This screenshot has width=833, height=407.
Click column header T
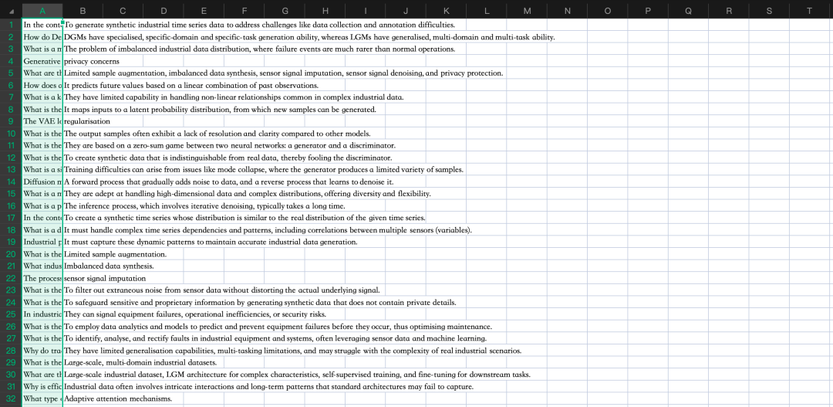(x=809, y=11)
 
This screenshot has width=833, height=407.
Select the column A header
(x=42, y=11)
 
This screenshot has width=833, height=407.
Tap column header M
(x=527, y=11)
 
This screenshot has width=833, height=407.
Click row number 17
(x=11, y=218)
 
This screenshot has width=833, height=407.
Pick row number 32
(x=11, y=399)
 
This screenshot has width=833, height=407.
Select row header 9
(x=11, y=121)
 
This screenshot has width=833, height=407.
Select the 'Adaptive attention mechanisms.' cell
(x=117, y=399)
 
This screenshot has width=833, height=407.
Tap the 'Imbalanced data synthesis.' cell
(x=108, y=266)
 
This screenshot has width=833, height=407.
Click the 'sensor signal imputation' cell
(x=104, y=278)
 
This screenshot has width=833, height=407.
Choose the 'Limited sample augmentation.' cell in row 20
(x=115, y=254)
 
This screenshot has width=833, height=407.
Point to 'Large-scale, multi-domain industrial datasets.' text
(x=140, y=362)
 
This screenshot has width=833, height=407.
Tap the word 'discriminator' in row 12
(x=369, y=158)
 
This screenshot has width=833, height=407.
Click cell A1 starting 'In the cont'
(x=42, y=25)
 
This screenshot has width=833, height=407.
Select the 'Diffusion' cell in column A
(x=42, y=181)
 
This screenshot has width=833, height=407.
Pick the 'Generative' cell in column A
(x=42, y=61)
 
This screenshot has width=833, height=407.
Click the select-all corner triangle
(x=11, y=11)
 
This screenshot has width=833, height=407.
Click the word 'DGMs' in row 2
(x=75, y=37)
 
